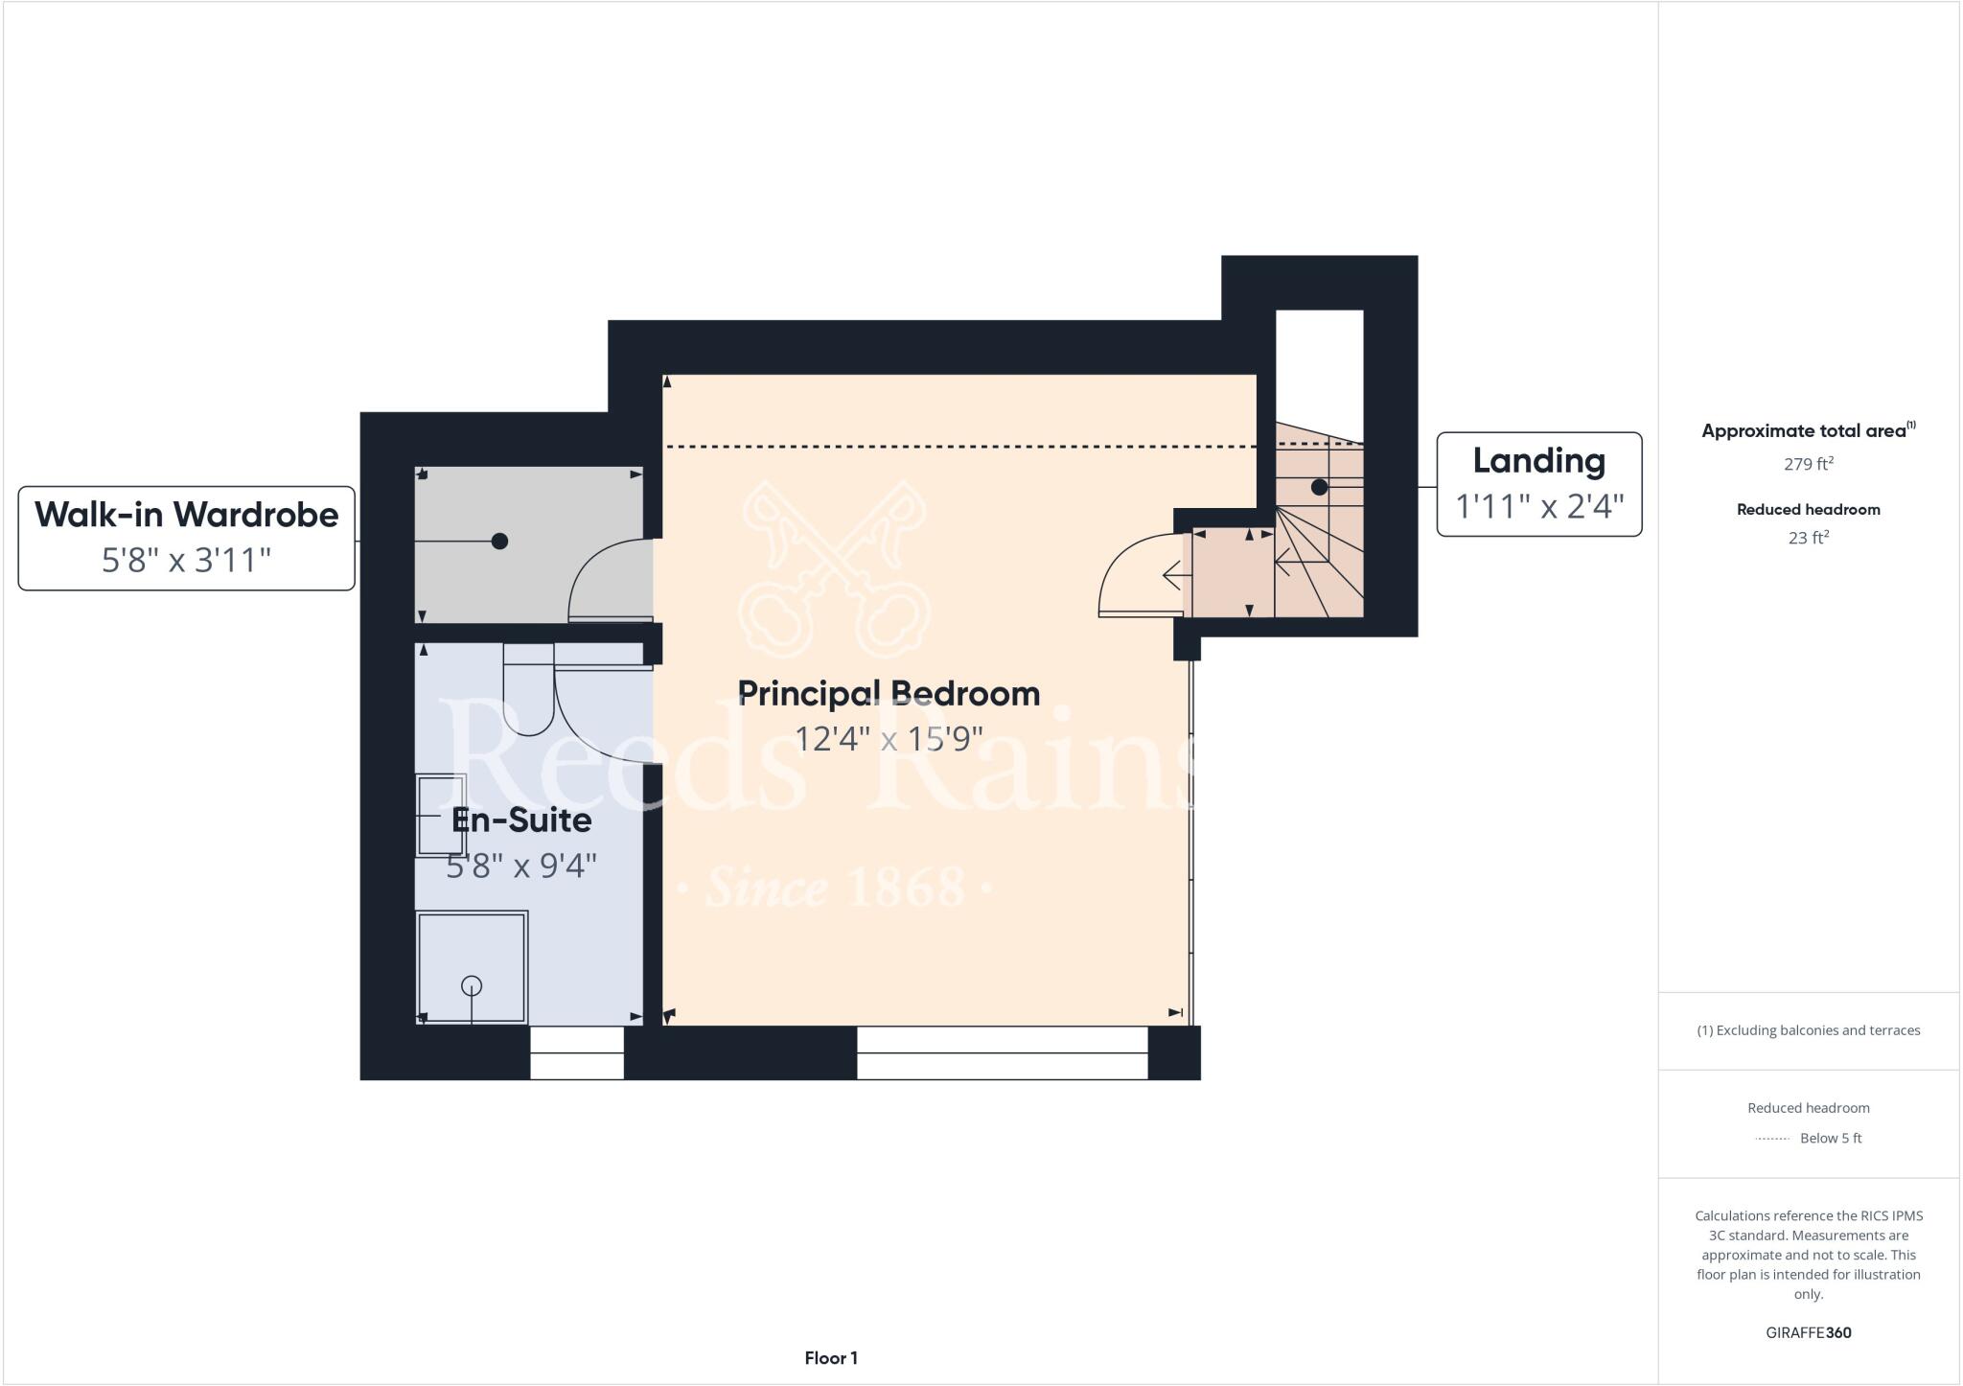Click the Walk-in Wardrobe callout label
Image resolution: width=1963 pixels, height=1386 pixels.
pyautogui.click(x=187, y=515)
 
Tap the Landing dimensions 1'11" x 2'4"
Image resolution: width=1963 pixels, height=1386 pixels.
pyautogui.click(x=1539, y=505)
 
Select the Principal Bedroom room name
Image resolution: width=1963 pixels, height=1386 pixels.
pyautogui.click(x=889, y=693)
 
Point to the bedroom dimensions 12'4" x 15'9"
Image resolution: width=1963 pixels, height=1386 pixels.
pyautogui.click(x=889, y=739)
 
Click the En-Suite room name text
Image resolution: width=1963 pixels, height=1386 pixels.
pyautogui.click(x=521, y=820)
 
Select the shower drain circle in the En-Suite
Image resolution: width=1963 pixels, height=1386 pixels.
pyautogui.click(x=472, y=985)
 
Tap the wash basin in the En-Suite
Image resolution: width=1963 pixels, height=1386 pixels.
pyautogui.click(x=441, y=815)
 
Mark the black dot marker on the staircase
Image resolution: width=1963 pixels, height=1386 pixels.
pyautogui.click(x=1319, y=487)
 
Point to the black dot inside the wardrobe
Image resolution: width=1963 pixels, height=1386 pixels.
pyautogui.click(x=499, y=542)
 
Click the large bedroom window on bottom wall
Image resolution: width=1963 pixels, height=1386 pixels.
pyautogui.click(x=1002, y=1052)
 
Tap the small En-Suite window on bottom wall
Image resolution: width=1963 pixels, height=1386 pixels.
pyautogui.click(x=577, y=1052)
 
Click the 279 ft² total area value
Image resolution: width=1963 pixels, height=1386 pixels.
pyautogui.click(x=1808, y=464)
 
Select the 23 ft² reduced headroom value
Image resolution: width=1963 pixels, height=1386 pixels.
pyautogui.click(x=1808, y=538)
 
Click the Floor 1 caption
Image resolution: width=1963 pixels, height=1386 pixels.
pyautogui.click(x=831, y=1358)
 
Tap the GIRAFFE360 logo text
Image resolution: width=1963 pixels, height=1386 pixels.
pyautogui.click(x=1808, y=1332)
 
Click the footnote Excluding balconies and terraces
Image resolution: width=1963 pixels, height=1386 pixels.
pyautogui.click(x=1808, y=1030)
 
